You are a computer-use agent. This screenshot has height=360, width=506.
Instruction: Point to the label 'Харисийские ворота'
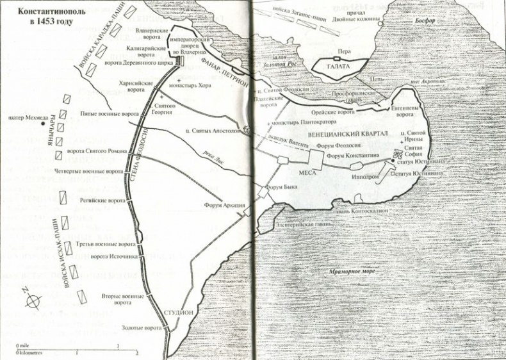pos(136,87)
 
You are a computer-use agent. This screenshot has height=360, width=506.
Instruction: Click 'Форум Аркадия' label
pos(224,205)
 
